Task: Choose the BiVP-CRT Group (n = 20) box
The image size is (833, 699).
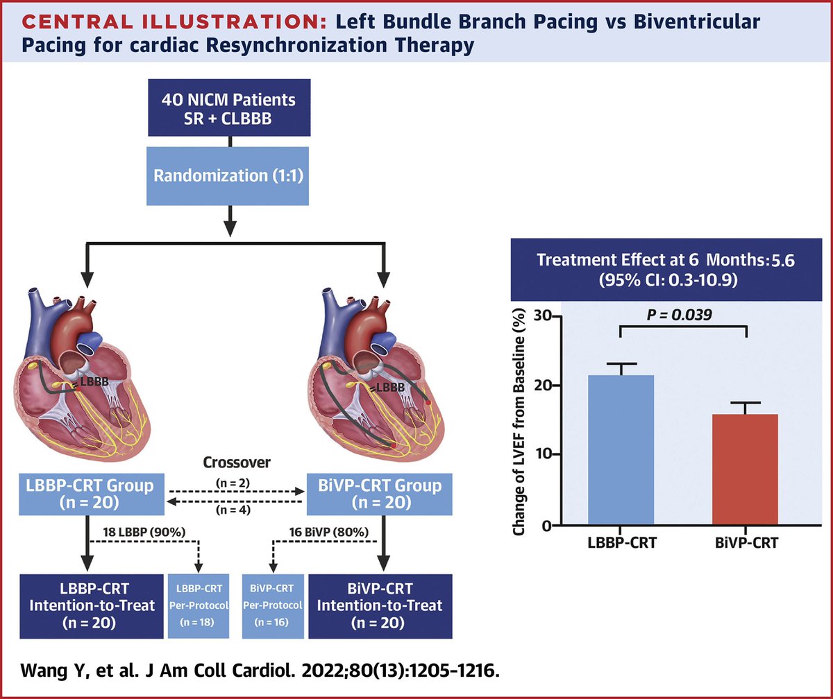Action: point(379,494)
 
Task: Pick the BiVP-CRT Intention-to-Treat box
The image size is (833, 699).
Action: point(379,605)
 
